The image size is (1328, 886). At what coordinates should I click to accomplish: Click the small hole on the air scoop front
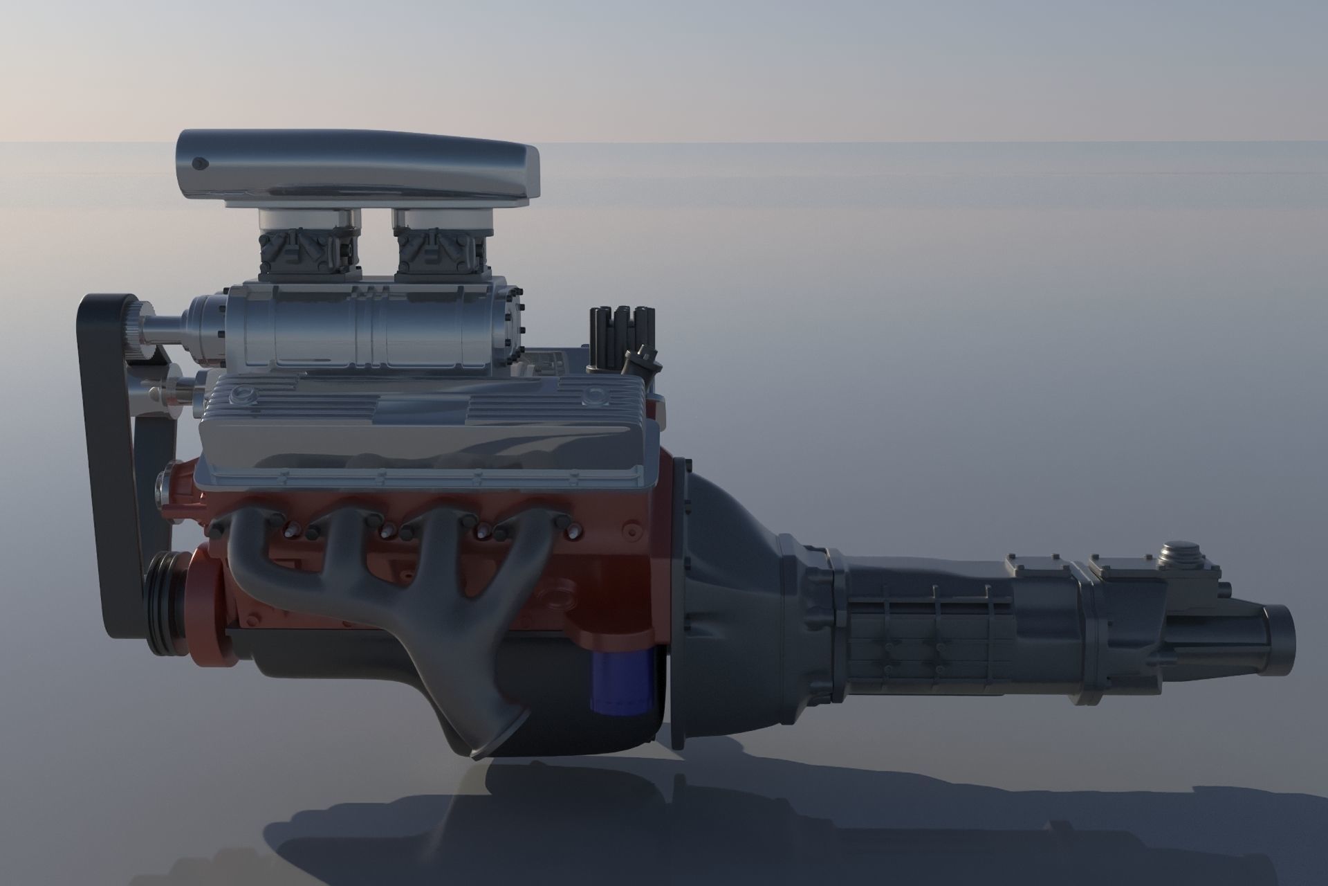pyautogui.click(x=200, y=163)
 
